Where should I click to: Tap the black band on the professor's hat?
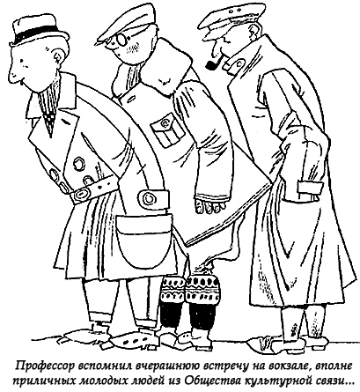(39, 32)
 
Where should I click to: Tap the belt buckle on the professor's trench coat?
(81, 195)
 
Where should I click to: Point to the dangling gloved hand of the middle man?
(210, 204)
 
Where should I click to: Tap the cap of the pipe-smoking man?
(225, 24)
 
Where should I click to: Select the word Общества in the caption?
(213, 381)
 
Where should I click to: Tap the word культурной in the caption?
(274, 381)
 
